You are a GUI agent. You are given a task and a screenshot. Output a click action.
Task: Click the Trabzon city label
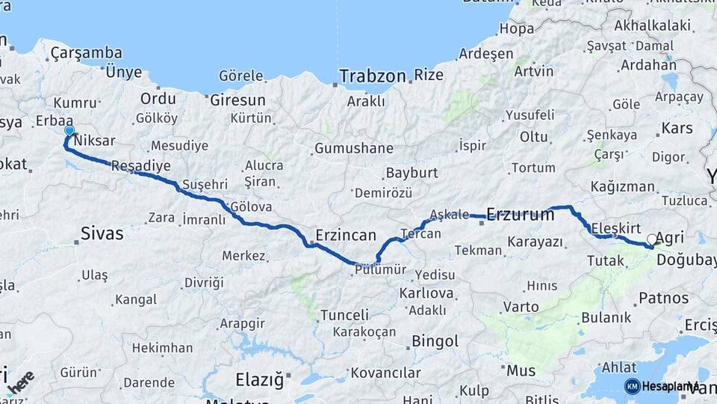[373, 76]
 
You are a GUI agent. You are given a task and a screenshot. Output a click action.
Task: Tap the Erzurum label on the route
[520, 215]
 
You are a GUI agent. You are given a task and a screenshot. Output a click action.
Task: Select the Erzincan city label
[345, 235]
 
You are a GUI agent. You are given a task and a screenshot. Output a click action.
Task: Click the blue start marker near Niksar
[69, 131]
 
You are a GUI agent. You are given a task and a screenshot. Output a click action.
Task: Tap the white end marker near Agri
[652, 239]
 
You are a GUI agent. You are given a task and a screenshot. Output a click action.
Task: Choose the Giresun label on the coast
[238, 100]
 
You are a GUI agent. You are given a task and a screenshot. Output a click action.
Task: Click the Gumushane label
[353, 148]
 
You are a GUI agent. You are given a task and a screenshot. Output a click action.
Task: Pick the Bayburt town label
[411, 174]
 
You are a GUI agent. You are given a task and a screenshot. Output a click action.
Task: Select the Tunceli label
[344, 315]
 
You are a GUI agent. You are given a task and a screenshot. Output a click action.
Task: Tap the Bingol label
[435, 342]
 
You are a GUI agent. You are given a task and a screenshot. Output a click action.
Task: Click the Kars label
[677, 128]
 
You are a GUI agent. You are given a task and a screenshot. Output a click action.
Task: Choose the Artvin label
[533, 71]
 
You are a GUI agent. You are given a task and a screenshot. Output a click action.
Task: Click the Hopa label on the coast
[516, 29]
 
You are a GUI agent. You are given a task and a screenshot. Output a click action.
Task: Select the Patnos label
[663, 298]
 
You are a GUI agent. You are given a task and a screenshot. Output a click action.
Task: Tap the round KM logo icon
[632, 386]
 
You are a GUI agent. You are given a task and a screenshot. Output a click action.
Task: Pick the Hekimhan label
[161, 348]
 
